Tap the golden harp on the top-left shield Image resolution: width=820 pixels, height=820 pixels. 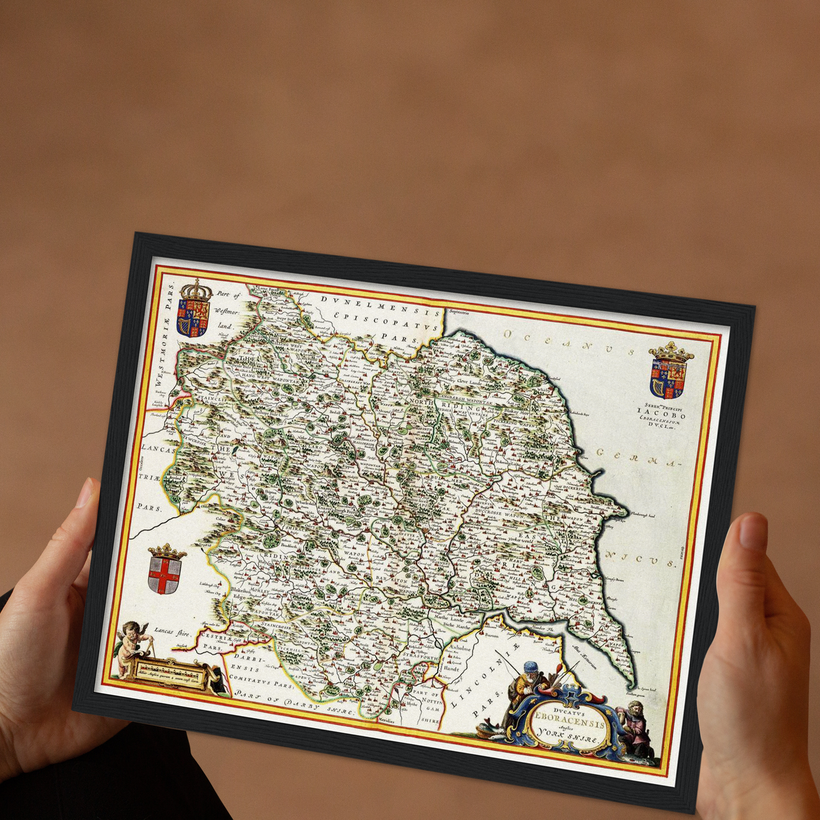pyautogui.click(x=184, y=325)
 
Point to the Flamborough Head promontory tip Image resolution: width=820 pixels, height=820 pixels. pyautogui.click(x=626, y=513)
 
